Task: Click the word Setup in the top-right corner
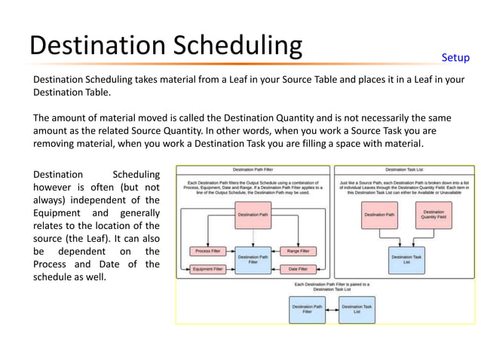pyautogui.click(x=455, y=58)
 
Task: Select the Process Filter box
pyautogui.click(x=207, y=251)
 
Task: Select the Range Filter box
pyautogui.click(x=298, y=251)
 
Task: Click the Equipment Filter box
pyautogui.click(x=207, y=269)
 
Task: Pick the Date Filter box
pyautogui.click(x=298, y=269)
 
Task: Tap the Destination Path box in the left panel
pyautogui.click(x=253, y=215)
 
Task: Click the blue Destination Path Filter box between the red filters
pyautogui.click(x=253, y=259)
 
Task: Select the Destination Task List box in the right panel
pyautogui.click(x=406, y=259)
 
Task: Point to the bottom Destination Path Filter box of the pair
pyautogui.click(x=307, y=309)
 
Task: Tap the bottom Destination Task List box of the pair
pyautogui.click(x=357, y=309)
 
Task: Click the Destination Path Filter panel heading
pyautogui.click(x=253, y=170)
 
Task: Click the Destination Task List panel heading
pyautogui.click(x=406, y=170)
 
